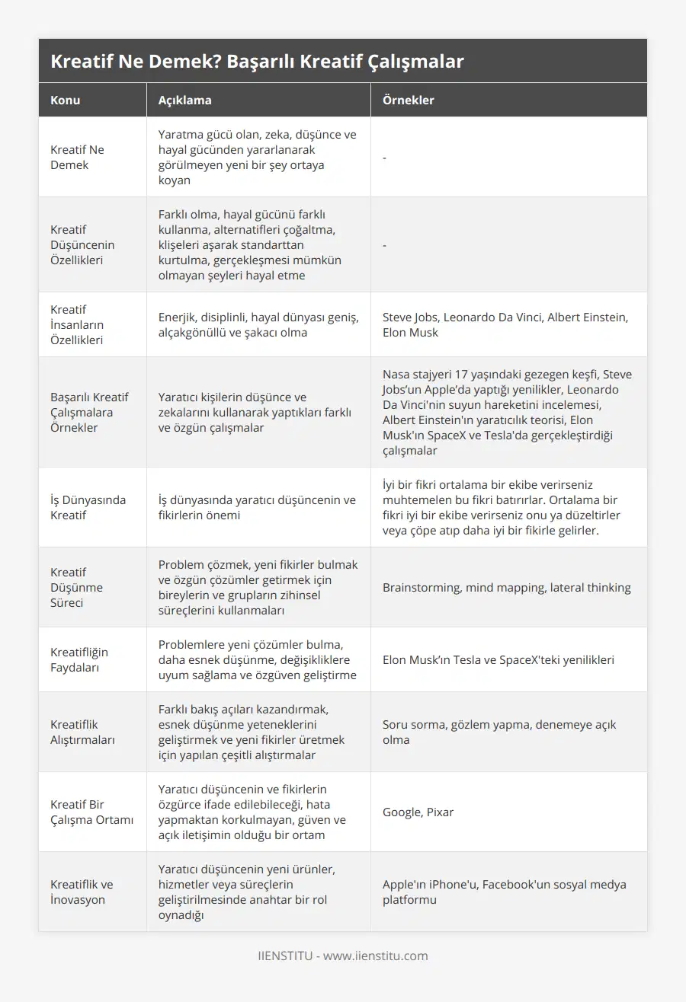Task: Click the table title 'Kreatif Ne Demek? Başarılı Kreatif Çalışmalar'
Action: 257,62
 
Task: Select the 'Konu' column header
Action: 66,101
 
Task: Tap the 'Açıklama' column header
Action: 184,101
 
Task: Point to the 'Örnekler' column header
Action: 409,101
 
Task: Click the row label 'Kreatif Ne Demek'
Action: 77,157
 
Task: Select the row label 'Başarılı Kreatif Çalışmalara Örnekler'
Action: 89,412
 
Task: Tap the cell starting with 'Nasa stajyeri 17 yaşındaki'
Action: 507,412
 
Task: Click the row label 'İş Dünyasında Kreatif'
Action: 88,507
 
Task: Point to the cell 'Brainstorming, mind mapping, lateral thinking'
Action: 506,587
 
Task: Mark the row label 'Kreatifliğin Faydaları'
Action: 79,659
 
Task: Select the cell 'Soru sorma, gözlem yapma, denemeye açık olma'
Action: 499,732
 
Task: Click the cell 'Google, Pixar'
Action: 418,812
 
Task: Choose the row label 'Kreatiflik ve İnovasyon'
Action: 82,892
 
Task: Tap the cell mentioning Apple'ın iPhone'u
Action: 504,892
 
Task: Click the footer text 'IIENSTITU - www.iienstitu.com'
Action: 343,956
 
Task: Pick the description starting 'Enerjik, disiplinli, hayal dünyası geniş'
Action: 258,324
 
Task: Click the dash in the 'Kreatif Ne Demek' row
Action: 385,157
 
